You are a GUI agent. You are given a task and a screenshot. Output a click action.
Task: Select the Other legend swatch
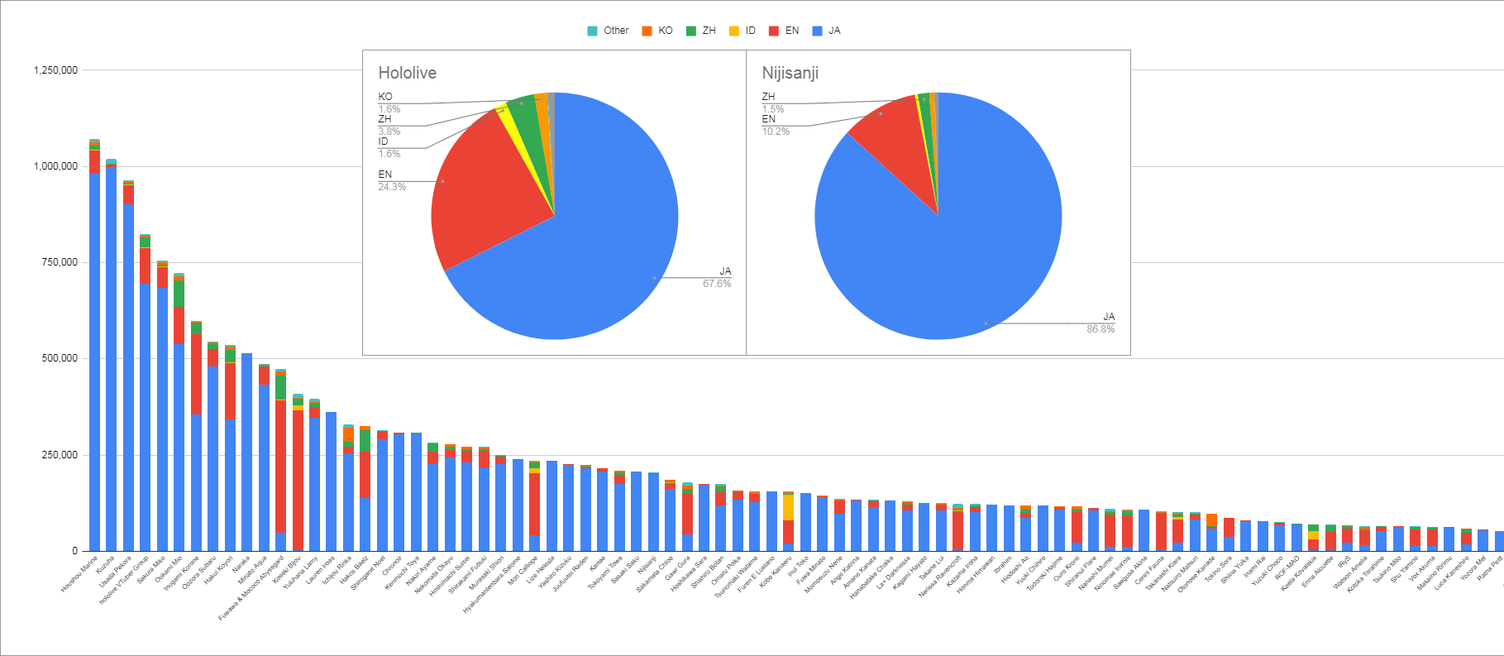pos(592,31)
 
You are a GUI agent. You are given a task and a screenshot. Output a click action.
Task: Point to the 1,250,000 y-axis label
pos(55,70)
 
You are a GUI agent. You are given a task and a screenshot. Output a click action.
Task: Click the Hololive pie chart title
pos(407,73)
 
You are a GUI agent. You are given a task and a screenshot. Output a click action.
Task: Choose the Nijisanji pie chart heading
pos(790,73)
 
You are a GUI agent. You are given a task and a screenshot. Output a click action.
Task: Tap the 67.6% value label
pos(717,284)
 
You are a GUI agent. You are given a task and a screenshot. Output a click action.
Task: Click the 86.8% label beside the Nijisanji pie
pos(1101,329)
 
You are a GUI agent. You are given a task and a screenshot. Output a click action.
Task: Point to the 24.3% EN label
pos(392,187)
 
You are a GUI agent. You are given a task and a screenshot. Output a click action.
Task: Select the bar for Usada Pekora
pos(128,372)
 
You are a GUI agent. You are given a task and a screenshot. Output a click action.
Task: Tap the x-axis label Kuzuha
pos(105,565)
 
